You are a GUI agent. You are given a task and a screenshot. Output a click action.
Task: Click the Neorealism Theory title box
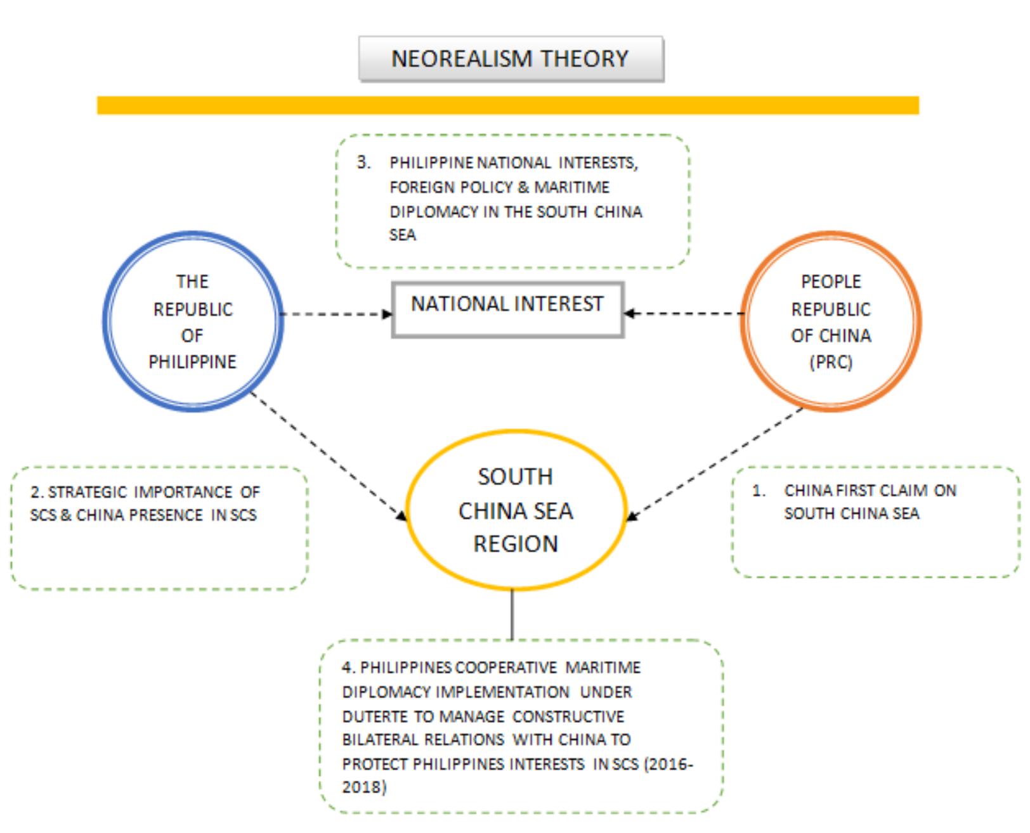pos(511,59)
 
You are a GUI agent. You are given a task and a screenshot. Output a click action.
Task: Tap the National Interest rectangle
pos(507,309)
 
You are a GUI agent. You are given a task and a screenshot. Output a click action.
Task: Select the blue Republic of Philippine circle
pos(193,321)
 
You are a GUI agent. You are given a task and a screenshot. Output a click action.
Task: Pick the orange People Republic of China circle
pos(831,321)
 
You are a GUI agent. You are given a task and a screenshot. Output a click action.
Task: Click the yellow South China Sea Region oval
pos(516,510)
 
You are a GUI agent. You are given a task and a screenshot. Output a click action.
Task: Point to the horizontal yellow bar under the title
pos(507,105)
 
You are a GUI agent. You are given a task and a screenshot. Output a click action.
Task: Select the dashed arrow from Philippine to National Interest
pos(336,313)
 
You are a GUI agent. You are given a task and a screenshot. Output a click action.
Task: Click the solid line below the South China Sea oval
pos(512,614)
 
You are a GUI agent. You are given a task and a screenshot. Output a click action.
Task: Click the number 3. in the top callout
pos(363,162)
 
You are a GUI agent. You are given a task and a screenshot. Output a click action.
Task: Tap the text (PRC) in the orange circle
pos(831,362)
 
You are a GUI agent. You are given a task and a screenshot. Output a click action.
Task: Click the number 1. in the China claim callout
pos(758,491)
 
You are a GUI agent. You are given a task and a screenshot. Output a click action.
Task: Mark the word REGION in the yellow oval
pos(516,544)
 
